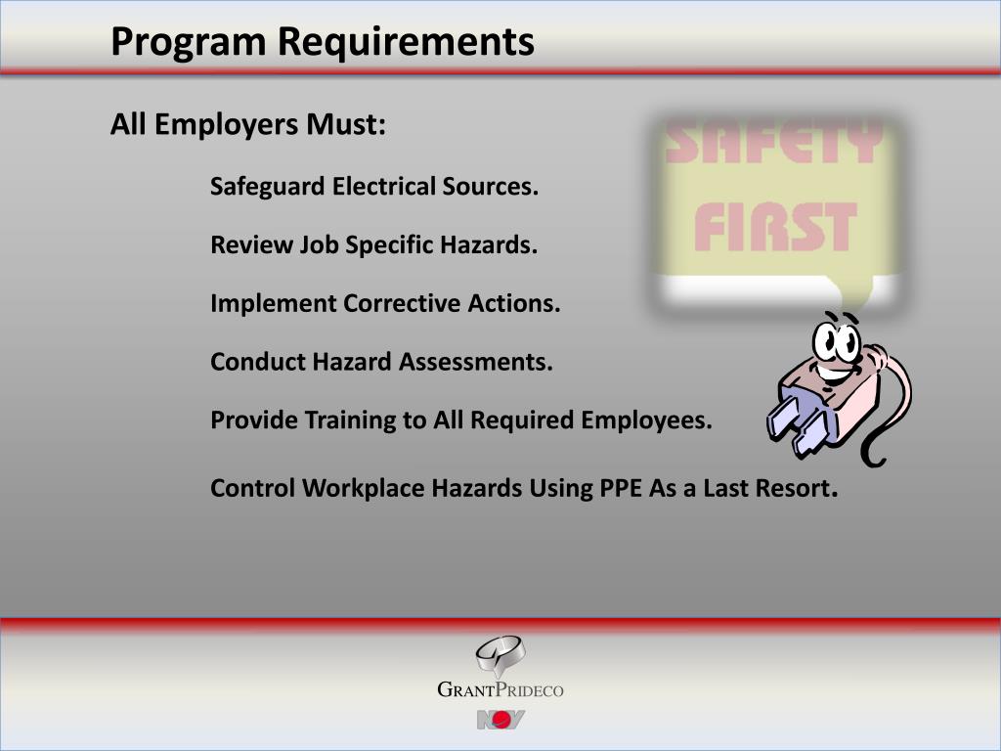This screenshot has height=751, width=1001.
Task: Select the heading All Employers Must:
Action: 248,125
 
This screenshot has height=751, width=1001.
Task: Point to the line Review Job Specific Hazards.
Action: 373,244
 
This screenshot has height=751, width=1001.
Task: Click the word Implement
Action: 273,303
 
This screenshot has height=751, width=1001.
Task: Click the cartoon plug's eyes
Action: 837,340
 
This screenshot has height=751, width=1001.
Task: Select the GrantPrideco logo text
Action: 500,690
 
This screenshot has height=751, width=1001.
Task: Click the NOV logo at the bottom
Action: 500,721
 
